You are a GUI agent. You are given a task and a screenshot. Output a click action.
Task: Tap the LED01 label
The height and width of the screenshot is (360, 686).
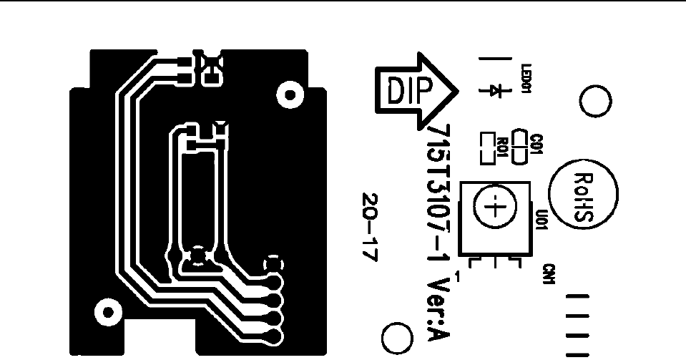(x=526, y=77)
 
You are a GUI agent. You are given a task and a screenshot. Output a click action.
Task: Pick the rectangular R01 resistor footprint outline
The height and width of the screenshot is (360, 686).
(x=488, y=145)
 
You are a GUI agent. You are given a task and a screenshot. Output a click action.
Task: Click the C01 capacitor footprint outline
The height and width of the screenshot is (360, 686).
(x=521, y=145)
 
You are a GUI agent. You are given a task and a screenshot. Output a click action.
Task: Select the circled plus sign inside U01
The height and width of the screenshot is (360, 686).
(x=494, y=208)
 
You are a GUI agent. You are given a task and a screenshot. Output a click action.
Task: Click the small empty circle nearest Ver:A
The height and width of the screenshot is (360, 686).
(x=396, y=336)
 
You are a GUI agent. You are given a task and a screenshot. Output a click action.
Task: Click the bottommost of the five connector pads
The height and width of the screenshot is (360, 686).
(x=272, y=334)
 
